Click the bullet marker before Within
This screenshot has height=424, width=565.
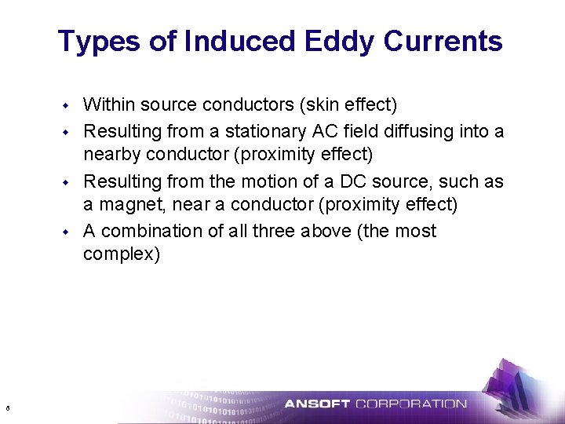pos(67,104)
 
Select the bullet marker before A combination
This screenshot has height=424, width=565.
pos(67,232)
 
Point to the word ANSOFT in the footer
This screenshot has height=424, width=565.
pos(317,404)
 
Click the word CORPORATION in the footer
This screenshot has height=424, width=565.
pos(411,404)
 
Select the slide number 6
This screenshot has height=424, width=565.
pos(7,408)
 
